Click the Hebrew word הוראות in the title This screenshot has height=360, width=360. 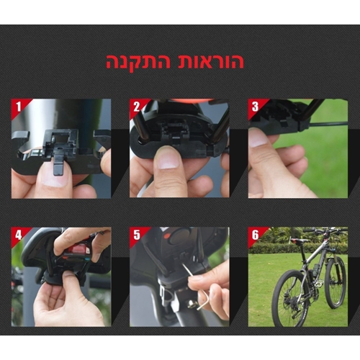click(x=208, y=61)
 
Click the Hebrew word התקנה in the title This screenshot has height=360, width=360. click(x=138, y=61)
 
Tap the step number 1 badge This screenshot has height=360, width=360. click(x=19, y=107)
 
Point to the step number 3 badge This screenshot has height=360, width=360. click(x=255, y=107)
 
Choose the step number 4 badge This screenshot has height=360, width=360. click(x=19, y=235)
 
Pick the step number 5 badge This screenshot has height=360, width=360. click(x=137, y=235)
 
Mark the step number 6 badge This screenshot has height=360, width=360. click(x=255, y=235)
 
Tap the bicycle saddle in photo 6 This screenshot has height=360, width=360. click(x=300, y=240)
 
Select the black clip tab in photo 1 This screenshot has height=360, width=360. click(x=58, y=166)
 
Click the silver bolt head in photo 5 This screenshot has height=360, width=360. click(x=191, y=305)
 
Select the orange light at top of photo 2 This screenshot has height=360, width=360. click(x=188, y=100)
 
